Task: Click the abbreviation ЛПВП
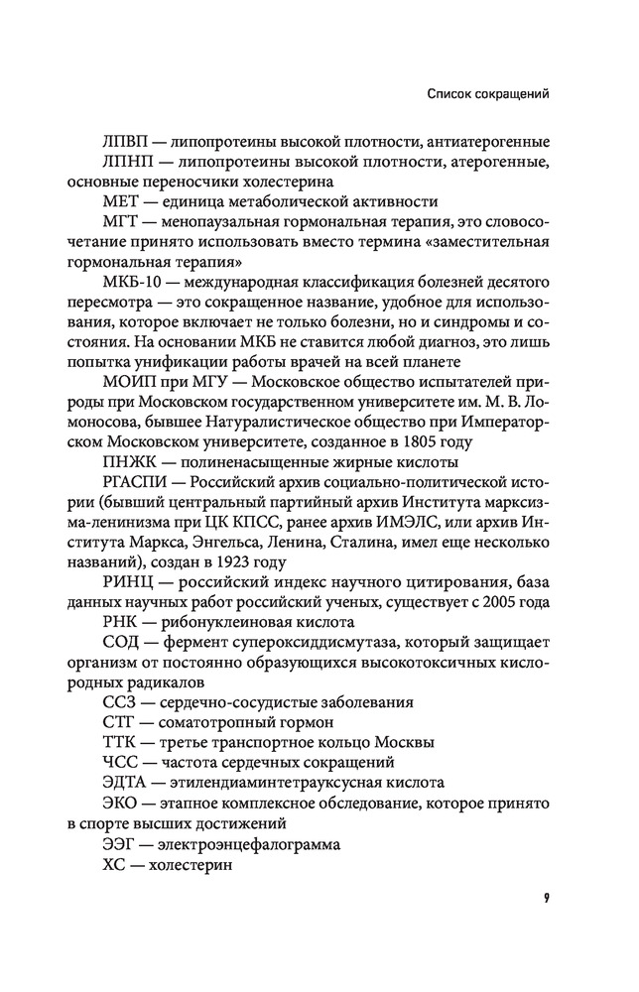click(127, 141)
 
